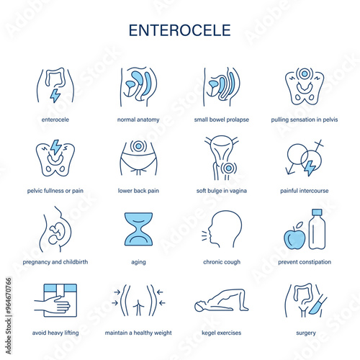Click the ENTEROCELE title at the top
[180, 30]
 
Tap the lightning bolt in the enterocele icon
[55, 96]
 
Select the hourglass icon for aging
[138, 229]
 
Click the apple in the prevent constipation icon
[294, 237]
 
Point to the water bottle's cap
[317, 212]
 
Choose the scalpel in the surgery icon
[318, 305]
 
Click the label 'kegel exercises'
[221, 333]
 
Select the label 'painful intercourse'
[305, 191]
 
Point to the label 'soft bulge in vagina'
[222, 191]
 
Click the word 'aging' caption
[138, 262]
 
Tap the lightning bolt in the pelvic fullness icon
[56, 147]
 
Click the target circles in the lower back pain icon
[138, 146]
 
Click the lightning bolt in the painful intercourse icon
[310, 167]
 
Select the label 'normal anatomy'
[138, 120]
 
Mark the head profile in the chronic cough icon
[225, 229]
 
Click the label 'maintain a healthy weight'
[138, 333]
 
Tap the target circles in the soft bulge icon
[228, 168]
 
